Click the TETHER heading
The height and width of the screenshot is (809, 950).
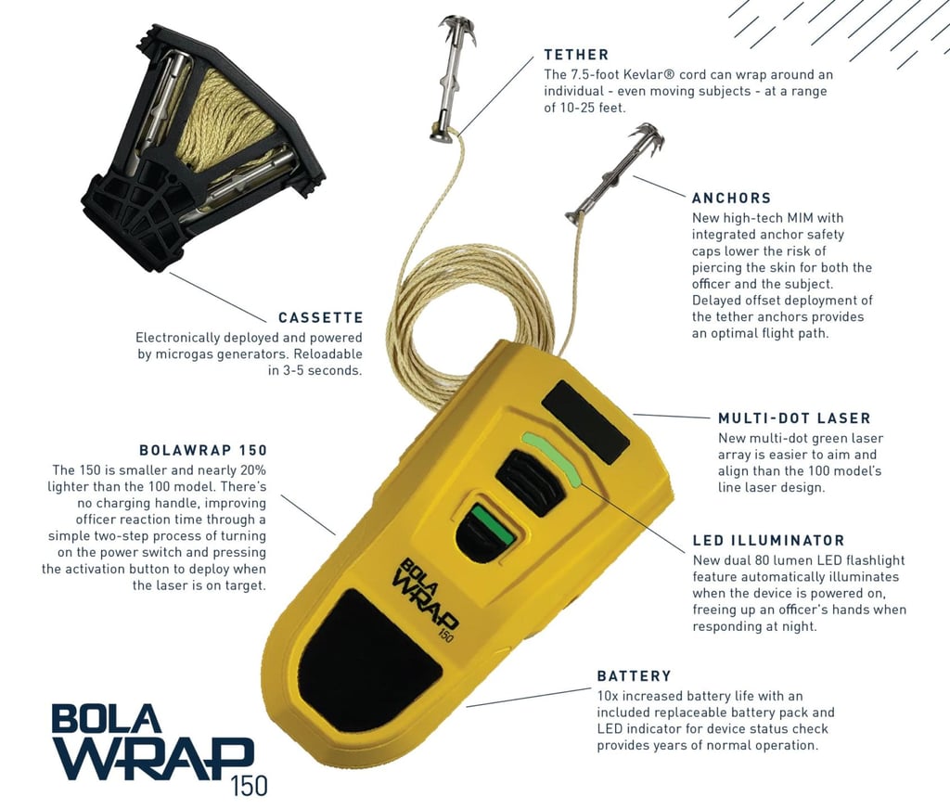(576, 55)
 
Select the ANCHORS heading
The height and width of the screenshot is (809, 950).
(731, 198)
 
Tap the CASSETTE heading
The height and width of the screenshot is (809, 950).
(320, 317)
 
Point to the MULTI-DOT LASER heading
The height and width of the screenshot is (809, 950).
(794, 418)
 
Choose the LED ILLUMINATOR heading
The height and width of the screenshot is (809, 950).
(768, 541)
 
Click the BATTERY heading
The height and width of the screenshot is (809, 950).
(635, 675)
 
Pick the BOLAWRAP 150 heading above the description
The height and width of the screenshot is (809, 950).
(203, 450)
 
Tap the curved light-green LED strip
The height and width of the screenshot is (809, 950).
(552, 456)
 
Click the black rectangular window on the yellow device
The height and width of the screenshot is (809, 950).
(586, 422)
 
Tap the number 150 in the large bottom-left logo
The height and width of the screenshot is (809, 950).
(249, 785)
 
